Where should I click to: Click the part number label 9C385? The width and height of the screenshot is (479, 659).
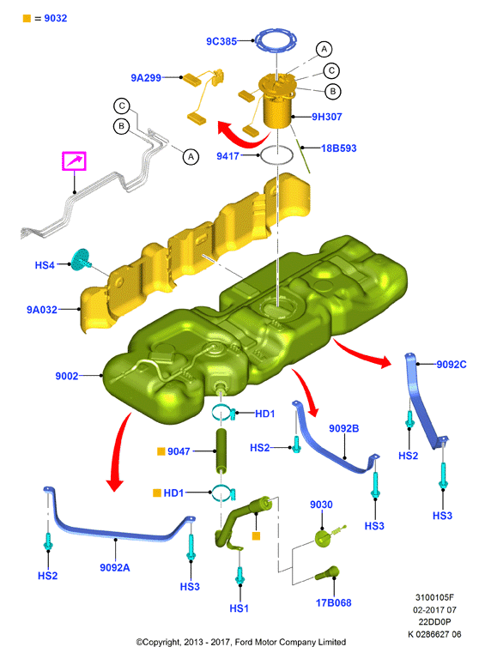(221, 41)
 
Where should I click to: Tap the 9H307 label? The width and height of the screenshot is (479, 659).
(327, 117)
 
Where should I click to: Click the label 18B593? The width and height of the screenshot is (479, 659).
(338, 148)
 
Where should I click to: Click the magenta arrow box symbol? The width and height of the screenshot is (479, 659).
(75, 161)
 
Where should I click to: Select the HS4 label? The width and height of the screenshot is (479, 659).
(45, 265)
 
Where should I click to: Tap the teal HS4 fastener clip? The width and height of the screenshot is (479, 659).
(82, 260)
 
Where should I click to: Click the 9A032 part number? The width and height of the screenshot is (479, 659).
(42, 310)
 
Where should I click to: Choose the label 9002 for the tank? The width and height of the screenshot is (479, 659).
(67, 376)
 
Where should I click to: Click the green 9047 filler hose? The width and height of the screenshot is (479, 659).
(221, 450)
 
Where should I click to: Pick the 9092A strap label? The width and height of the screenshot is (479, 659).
(115, 567)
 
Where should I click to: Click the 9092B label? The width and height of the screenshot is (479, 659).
(344, 428)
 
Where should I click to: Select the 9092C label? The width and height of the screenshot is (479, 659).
(452, 365)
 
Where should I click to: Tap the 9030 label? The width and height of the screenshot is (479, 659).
(321, 505)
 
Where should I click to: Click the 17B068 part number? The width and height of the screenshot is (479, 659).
(333, 602)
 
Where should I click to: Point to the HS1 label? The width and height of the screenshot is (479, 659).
(239, 608)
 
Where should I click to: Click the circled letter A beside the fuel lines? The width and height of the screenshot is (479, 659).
(191, 157)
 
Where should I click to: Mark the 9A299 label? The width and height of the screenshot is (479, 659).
(146, 78)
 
